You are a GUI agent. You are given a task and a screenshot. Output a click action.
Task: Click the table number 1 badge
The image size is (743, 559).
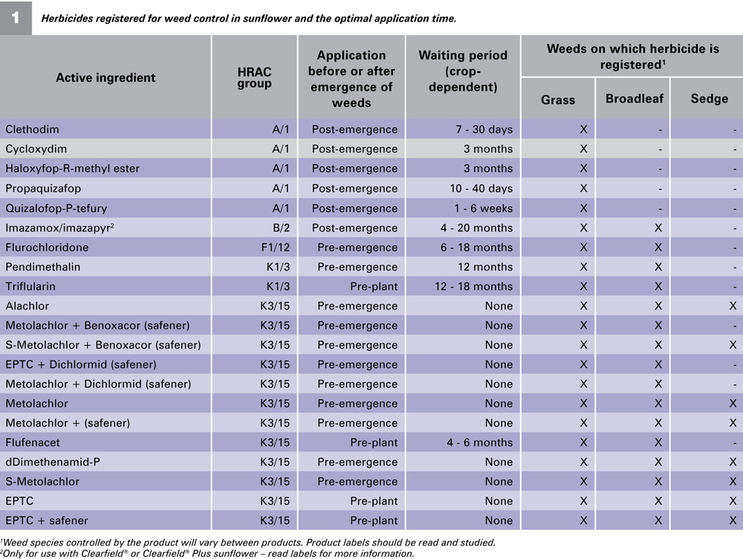click(x=16, y=18)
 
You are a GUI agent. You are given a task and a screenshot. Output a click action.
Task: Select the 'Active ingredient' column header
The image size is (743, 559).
click(x=106, y=78)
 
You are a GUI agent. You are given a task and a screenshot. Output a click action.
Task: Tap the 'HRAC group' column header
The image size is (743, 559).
click(x=254, y=78)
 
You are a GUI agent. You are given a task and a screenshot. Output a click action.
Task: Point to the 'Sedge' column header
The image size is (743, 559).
click(x=710, y=99)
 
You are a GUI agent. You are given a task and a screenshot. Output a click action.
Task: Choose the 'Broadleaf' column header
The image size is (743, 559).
click(x=635, y=99)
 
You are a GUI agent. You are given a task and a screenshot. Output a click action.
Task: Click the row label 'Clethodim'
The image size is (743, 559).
click(x=32, y=129)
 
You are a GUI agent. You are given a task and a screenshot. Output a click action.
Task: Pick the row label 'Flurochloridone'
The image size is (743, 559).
click(x=47, y=248)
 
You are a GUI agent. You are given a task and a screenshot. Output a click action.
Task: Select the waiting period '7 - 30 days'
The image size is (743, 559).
click(x=484, y=129)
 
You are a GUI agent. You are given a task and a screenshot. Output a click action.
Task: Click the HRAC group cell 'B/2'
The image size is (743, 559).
click(x=282, y=228)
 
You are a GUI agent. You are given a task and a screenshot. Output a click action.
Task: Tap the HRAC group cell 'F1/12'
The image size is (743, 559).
click(x=276, y=248)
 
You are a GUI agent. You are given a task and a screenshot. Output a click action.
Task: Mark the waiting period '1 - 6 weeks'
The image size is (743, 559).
click(x=484, y=209)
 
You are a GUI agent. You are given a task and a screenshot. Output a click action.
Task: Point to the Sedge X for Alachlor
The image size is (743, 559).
click(x=733, y=306)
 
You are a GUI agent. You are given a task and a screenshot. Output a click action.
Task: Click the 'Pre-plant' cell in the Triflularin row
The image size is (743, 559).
click(x=374, y=287)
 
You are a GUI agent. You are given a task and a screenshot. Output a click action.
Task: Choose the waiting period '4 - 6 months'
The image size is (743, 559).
click(x=479, y=443)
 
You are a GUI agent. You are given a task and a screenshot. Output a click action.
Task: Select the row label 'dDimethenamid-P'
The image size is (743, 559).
click(x=53, y=462)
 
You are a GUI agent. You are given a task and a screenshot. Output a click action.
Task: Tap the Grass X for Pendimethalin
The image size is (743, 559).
click(x=583, y=268)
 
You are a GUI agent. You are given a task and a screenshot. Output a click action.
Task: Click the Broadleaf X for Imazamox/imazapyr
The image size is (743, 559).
click(x=658, y=228)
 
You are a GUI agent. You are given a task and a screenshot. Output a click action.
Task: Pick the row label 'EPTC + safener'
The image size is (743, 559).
click(x=46, y=520)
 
